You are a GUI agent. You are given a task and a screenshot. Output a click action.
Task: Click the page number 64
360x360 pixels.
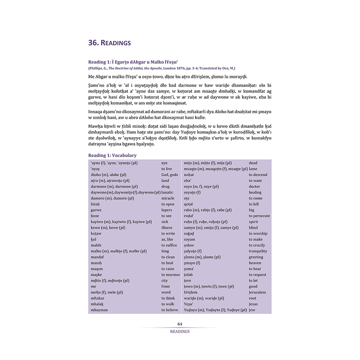180,324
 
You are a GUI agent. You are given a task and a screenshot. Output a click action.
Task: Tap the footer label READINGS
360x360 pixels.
180,332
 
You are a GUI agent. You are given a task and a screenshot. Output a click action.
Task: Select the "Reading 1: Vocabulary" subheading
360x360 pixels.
112,155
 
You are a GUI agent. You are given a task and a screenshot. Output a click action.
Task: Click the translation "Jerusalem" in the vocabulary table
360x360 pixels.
257,292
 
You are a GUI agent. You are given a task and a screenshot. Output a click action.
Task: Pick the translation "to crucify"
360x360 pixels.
257,245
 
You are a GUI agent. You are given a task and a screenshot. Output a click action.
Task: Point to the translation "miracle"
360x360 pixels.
168,198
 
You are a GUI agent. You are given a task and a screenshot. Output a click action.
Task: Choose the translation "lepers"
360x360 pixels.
167,210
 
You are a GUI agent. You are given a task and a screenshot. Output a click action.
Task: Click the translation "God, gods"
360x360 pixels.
170,175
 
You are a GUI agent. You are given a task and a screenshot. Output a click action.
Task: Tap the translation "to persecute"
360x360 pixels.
259,216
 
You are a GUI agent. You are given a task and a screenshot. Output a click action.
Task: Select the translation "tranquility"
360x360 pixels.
258,251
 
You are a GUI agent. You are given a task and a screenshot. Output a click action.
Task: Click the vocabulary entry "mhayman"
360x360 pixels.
99,310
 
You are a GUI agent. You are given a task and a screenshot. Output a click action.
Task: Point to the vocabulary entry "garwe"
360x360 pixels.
96,210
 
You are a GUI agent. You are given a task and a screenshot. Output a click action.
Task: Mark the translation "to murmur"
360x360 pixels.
171,275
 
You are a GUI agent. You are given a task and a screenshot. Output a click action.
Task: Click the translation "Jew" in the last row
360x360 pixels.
252,310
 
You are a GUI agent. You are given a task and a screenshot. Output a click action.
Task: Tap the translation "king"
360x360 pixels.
165,251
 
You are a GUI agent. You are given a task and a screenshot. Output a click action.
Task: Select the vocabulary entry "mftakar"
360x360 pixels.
98,298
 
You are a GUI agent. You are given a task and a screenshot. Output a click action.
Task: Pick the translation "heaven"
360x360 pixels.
255,263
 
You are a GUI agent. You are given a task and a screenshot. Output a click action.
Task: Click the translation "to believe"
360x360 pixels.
170,310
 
